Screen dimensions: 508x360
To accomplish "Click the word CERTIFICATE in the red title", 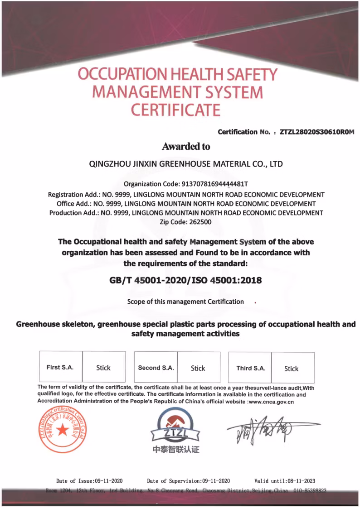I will click(x=175, y=110).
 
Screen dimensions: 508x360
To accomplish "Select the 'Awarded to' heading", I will click(x=186, y=146).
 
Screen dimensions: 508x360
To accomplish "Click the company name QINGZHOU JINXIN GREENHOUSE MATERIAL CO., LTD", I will click(x=186, y=164).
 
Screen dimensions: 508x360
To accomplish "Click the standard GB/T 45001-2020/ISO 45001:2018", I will click(x=186, y=280).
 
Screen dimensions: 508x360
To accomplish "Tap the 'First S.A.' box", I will click(x=60, y=367).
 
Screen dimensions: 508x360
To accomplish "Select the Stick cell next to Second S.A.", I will click(x=198, y=368).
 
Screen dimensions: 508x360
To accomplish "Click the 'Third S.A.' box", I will click(x=251, y=368).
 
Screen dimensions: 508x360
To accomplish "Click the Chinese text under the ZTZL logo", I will click(x=176, y=450).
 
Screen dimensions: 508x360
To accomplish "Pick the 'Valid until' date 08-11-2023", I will click(x=299, y=481).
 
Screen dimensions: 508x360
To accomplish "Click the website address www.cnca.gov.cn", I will click(x=271, y=401).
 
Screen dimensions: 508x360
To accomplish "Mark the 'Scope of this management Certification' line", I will click(x=185, y=302).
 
